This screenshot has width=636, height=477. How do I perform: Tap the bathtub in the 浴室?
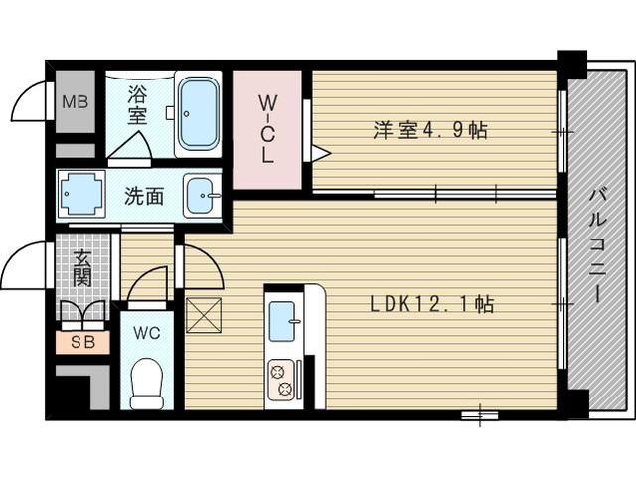pos(198,112)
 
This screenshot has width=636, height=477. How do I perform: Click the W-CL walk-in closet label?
pos(266,128)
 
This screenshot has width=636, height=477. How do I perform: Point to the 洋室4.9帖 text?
pos(430,130)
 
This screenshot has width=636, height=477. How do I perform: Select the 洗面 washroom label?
pos(143,195)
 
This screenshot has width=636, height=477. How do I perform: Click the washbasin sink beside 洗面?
pos(203,194)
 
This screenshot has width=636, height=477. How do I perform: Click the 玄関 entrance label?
pos(81,264)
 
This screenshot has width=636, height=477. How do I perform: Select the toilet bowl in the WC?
pos(147,383)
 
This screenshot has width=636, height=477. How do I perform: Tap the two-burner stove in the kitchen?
pos(281,379)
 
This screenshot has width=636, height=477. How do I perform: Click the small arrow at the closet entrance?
pos(320,153)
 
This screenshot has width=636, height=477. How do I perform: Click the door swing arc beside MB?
pos(32,101)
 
